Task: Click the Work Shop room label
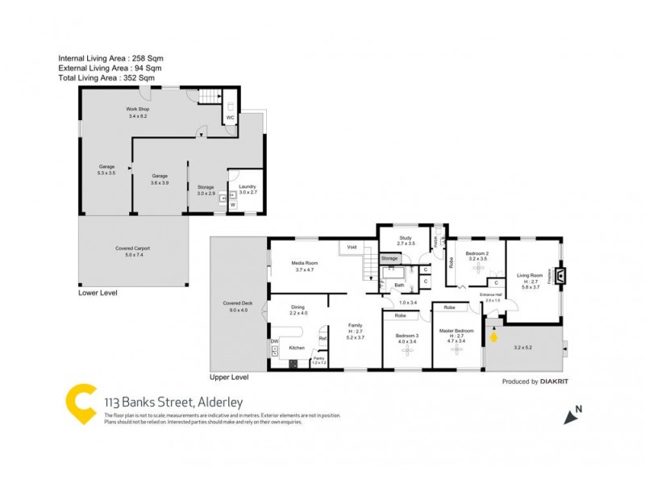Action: point(137,109)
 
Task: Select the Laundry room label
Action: point(248,186)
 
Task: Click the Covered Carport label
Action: point(133,248)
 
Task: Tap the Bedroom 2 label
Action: point(477,253)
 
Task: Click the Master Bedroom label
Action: point(456,331)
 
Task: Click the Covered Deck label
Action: point(239,303)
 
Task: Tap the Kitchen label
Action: point(297,348)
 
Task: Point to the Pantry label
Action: point(318,358)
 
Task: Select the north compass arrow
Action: point(573,416)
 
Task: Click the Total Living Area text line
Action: point(106,78)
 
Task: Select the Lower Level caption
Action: point(97,294)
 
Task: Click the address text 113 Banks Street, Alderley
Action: point(173,402)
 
